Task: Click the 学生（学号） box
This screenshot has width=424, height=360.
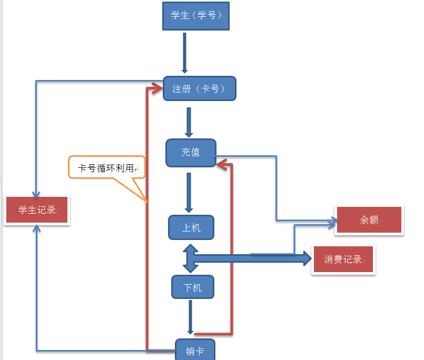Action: pyautogui.click(x=196, y=15)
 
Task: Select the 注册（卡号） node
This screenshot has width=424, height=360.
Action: pyautogui.click(x=199, y=88)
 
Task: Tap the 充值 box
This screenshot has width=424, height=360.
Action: pyautogui.click(x=191, y=153)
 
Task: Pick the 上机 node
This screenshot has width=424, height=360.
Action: pyautogui.click(x=191, y=227)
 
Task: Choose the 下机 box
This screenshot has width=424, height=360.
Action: pyautogui.click(x=192, y=287)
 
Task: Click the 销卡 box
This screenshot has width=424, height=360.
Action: pyautogui.click(x=195, y=351)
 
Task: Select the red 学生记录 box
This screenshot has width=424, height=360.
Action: pyautogui.click(x=37, y=210)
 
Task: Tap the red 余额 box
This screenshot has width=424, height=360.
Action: pyautogui.click(x=369, y=220)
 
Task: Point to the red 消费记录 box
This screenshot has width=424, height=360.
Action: pyautogui.click(x=343, y=259)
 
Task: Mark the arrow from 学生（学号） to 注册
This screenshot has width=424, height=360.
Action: pyautogui.click(x=185, y=53)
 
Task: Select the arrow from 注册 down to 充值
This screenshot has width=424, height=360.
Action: pyautogui.click(x=189, y=122)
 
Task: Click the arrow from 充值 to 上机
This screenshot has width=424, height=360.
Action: pyautogui.click(x=189, y=192)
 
